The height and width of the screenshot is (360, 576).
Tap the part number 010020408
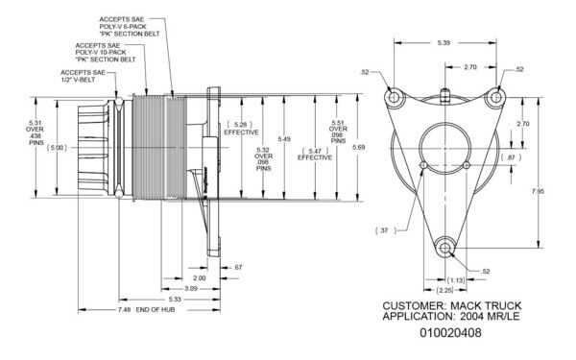tap(448, 333)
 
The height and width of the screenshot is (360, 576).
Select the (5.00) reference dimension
tap(57, 148)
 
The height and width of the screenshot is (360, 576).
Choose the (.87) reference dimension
tap(511, 156)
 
